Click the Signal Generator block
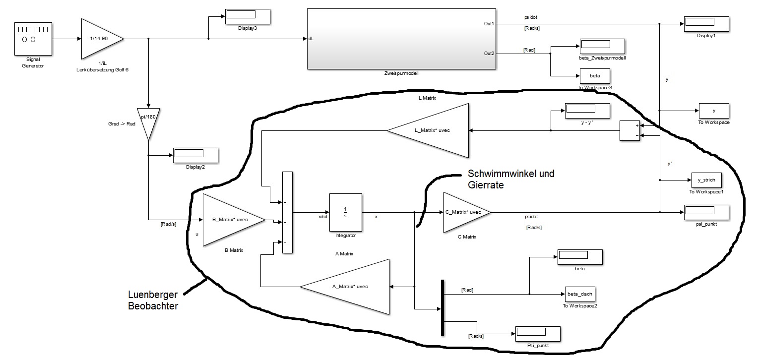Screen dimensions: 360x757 point(33,39)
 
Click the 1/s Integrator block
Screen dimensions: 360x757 point(345,212)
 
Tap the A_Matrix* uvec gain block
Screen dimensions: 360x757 point(353,287)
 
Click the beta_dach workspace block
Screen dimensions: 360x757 point(580,294)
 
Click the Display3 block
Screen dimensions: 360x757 point(248,16)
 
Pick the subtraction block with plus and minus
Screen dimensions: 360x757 point(630,130)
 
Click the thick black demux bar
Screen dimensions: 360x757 point(442,307)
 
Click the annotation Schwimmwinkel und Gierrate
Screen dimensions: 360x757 point(511,179)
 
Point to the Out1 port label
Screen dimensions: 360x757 point(489,23)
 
